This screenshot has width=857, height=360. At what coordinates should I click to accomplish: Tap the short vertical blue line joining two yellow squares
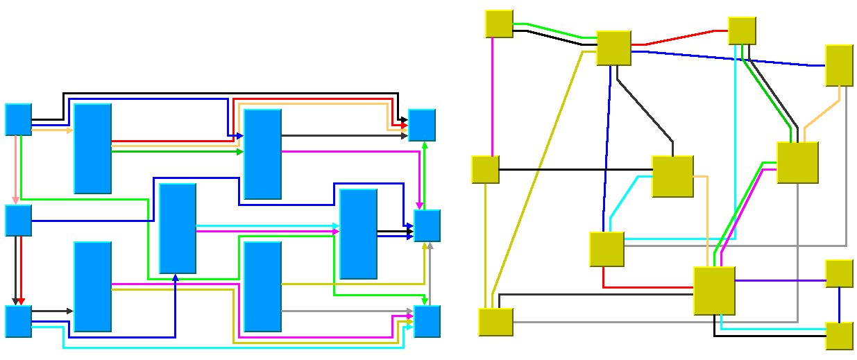(x=839, y=305)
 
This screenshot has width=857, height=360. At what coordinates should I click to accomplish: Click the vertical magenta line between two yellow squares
(x=492, y=97)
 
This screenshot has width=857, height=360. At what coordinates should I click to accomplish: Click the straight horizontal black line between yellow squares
(x=576, y=169)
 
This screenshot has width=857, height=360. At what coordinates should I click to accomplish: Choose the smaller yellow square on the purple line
(x=839, y=273)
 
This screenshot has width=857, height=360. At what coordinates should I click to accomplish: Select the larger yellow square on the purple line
(x=714, y=290)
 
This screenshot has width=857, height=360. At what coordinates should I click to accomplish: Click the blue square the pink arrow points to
(x=18, y=220)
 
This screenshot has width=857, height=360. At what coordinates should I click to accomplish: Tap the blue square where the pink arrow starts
(x=18, y=119)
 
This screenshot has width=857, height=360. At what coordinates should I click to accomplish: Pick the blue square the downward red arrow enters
(x=18, y=320)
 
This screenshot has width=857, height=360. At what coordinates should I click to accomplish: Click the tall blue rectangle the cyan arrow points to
(x=358, y=234)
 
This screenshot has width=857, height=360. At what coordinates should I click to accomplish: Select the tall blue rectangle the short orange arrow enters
(x=92, y=148)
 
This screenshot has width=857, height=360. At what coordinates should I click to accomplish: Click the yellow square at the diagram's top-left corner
(x=499, y=24)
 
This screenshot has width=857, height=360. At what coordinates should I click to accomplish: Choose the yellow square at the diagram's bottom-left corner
(x=495, y=322)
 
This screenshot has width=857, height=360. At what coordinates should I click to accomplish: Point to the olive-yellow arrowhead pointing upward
(x=425, y=247)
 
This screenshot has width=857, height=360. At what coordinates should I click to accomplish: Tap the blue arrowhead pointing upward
(x=176, y=277)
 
